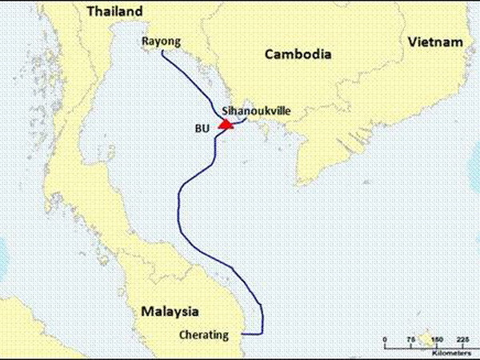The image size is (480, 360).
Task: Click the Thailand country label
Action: [x=114, y=11]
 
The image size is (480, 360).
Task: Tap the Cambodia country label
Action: [x=298, y=54]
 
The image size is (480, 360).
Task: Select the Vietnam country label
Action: [x=434, y=42]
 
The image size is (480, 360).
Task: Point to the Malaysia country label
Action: [x=170, y=310]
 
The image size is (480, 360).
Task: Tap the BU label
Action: [x=202, y=127]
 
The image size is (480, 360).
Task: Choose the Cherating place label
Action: [x=205, y=334]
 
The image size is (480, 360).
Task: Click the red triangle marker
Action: [x=226, y=125]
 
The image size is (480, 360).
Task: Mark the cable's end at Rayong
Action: [x=162, y=51]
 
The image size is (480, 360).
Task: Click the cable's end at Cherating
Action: [x=242, y=334]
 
